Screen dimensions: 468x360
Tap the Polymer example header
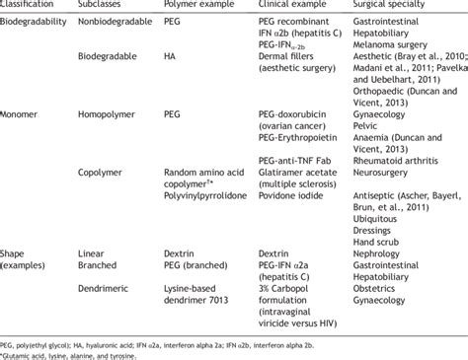[x=192, y=6]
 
